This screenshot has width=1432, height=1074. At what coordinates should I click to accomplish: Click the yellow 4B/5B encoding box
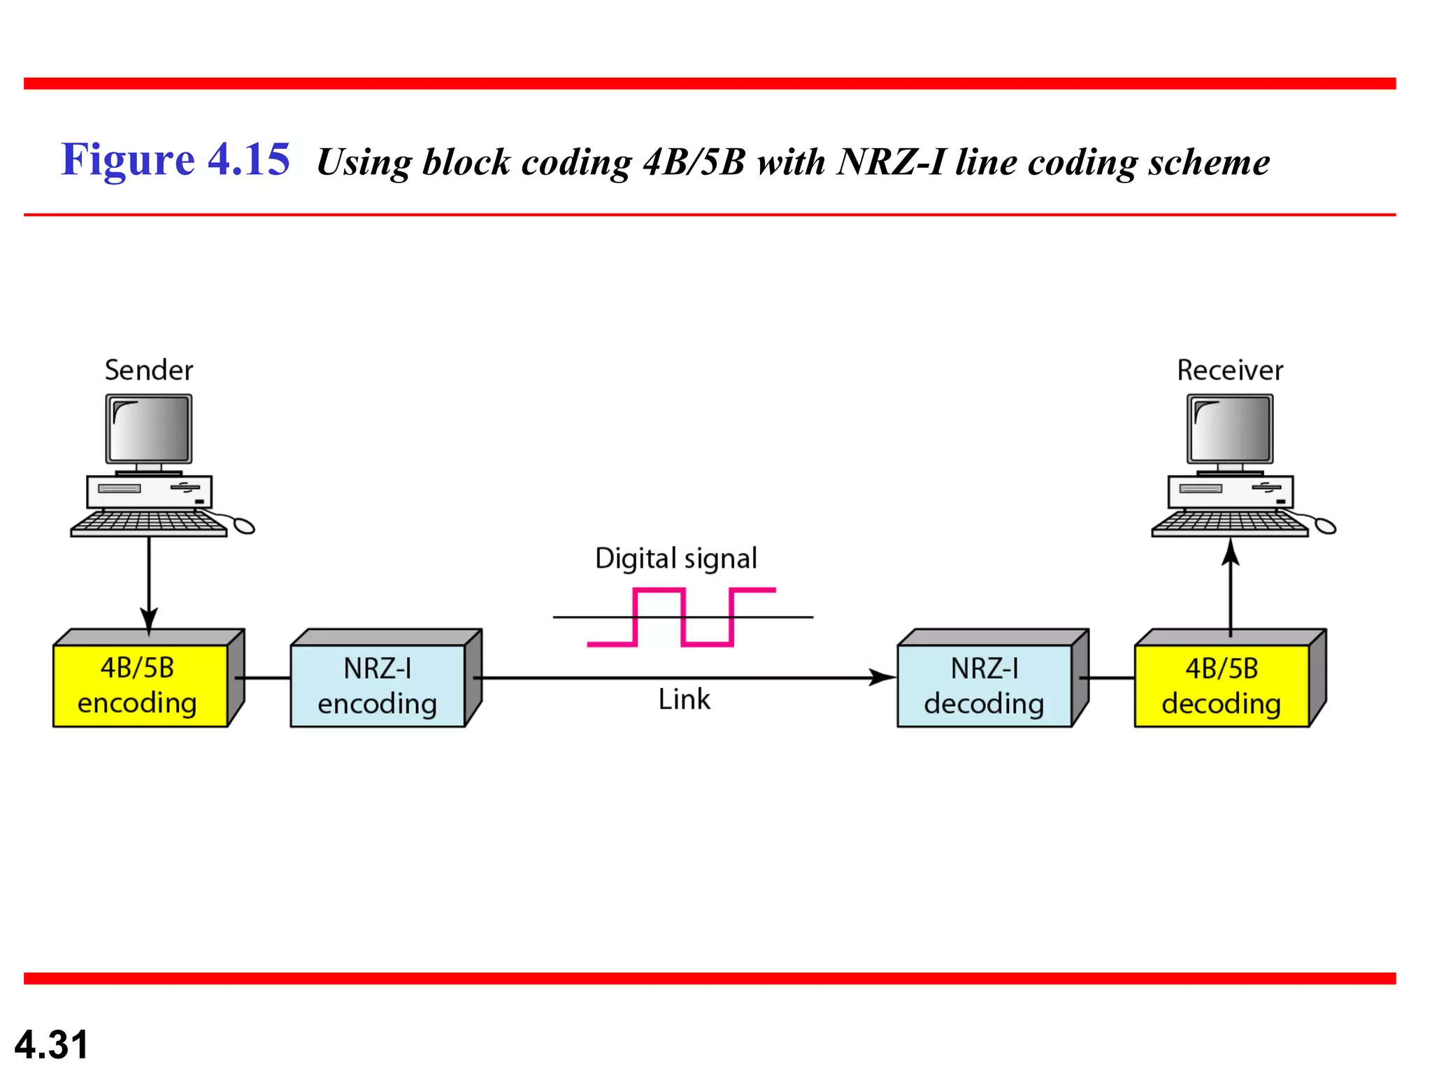[140, 685]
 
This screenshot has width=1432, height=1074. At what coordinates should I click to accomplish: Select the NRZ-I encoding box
[378, 686]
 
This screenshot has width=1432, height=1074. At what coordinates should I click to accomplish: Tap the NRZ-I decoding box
[984, 686]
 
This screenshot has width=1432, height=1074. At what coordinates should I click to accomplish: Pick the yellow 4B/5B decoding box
[1221, 686]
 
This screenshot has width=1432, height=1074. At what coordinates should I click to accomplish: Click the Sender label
[149, 370]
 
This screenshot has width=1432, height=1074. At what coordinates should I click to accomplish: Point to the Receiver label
[1230, 370]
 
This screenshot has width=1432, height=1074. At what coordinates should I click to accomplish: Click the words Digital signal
[675, 559]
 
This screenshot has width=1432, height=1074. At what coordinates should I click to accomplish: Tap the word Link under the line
[684, 699]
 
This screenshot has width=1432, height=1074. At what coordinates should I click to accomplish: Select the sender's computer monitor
[149, 429]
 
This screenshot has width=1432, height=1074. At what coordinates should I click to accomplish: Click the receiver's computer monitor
[1230, 429]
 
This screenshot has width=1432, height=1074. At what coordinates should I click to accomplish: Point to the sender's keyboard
[149, 523]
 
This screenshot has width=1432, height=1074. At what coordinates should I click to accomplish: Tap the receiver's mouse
[1324, 525]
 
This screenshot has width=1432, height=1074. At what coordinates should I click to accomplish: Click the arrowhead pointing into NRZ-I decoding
[882, 677]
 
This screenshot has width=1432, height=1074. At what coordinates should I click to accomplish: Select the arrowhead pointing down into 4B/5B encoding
[149, 619]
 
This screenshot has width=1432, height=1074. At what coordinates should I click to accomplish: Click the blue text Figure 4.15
[175, 159]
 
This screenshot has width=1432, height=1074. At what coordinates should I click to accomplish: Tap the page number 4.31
[52, 1045]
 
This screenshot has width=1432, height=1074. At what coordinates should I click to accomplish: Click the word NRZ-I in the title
[892, 162]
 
